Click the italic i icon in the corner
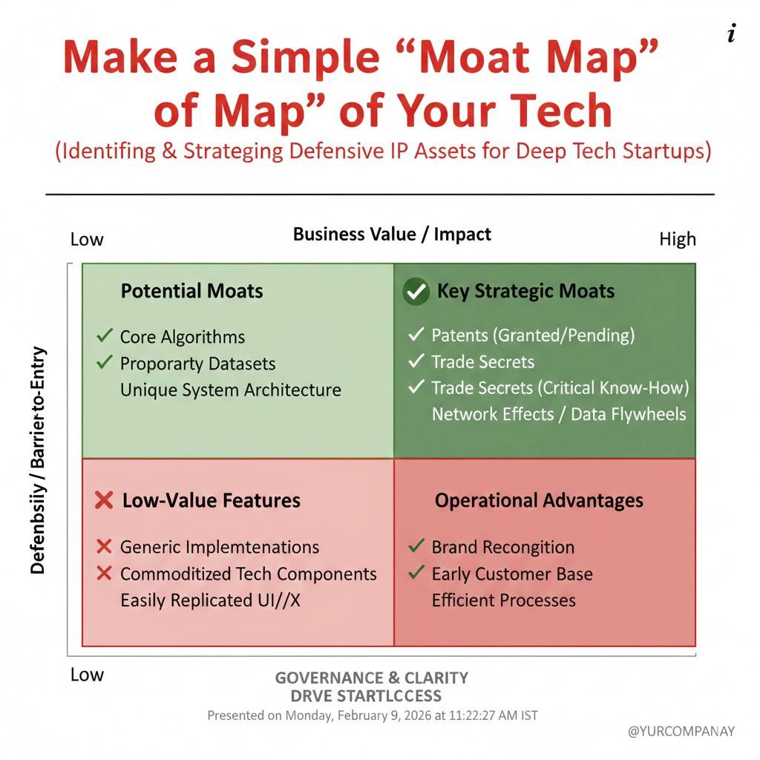(731, 33)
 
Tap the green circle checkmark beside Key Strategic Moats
(416, 291)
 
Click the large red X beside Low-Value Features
(104, 500)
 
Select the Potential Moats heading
(192, 291)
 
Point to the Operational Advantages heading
(539, 500)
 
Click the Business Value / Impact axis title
(392, 234)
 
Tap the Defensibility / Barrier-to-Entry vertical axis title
(38, 460)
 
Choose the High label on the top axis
(678, 239)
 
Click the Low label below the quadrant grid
(87, 674)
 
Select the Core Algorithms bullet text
(183, 337)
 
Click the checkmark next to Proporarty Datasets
(105, 362)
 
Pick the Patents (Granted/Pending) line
(533, 335)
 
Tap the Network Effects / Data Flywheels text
(559, 414)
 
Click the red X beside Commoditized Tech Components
(104, 574)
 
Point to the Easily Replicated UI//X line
(210, 600)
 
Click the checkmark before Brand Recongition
(416, 546)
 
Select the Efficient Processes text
(504, 600)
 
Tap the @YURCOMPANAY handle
(681, 731)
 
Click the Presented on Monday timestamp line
(373, 715)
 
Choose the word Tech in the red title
(561, 111)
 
